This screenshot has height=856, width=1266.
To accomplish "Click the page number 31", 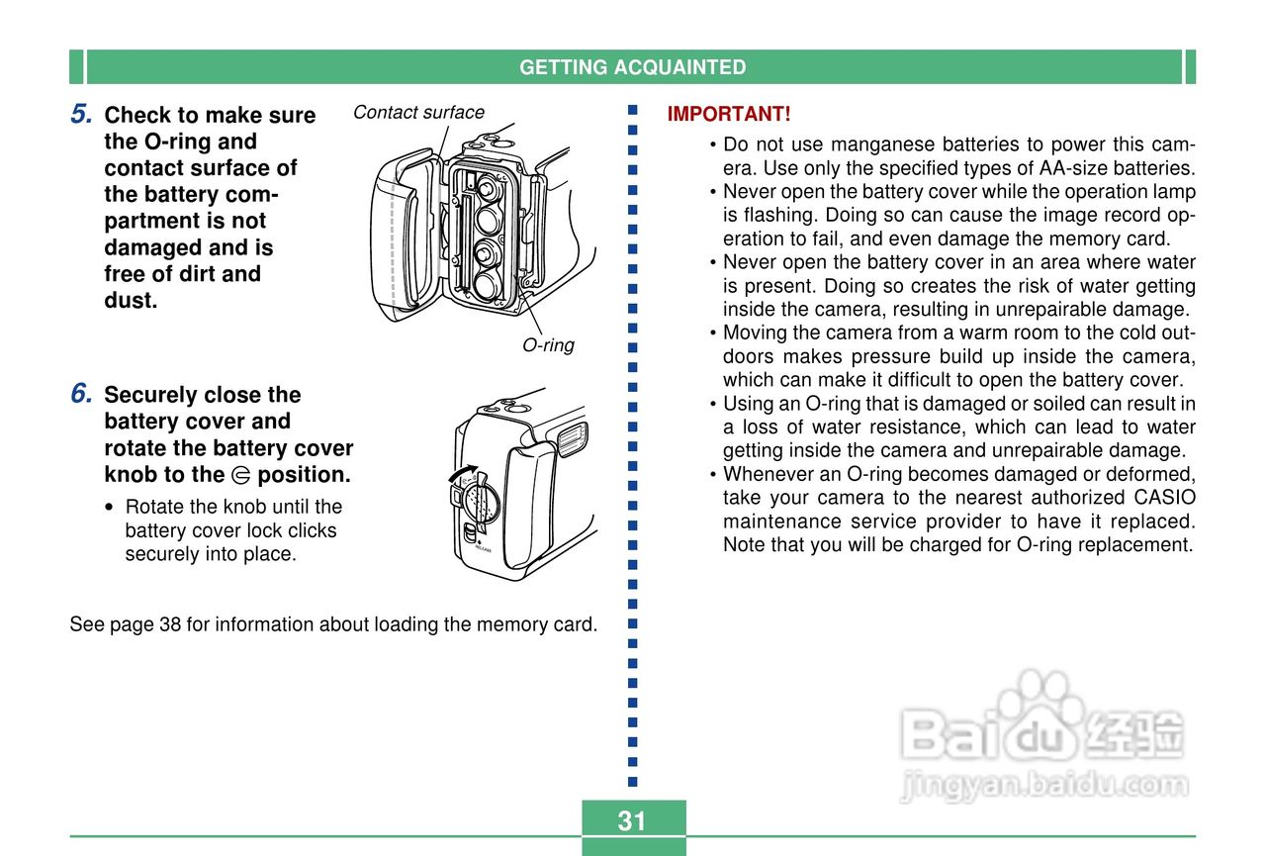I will coord(631,820).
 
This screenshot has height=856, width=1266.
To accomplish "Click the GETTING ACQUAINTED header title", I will coord(632,67).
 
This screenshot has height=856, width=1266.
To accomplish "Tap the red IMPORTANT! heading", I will coord(729,114).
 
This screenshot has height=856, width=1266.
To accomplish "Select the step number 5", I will coord(82,115).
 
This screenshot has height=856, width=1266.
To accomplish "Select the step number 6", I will coord(82,394).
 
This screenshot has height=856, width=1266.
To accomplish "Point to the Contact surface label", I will coord(418,112).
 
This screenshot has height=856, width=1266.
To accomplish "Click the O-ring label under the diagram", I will coord(548,345).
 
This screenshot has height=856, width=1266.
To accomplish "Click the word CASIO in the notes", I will coord(1164,498).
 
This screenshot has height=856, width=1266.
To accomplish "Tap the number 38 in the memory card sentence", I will coord(169,624).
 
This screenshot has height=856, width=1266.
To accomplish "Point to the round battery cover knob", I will coord(480,501).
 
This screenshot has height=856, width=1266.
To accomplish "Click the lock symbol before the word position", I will coord(240,476).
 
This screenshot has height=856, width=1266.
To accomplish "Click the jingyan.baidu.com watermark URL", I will coord(1044,786).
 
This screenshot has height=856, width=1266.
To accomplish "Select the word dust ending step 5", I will coord(131,301).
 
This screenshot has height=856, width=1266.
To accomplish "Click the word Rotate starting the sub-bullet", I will coord(153,507).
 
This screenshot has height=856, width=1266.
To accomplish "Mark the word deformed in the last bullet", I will coord(1153,474).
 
